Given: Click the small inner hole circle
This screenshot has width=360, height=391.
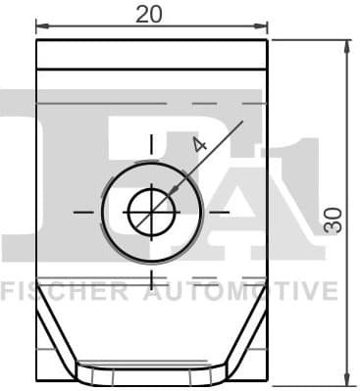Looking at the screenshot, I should (x=151, y=211).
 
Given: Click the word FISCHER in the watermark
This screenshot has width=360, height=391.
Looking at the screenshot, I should (x=64, y=291).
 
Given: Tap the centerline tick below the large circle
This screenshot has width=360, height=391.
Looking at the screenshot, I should (x=151, y=278).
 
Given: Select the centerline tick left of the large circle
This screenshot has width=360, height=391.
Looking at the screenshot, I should (x=83, y=211).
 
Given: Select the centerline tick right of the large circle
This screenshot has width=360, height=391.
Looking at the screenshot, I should (x=219, y=211).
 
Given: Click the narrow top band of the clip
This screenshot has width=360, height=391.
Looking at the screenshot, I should (x=151, y=55).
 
